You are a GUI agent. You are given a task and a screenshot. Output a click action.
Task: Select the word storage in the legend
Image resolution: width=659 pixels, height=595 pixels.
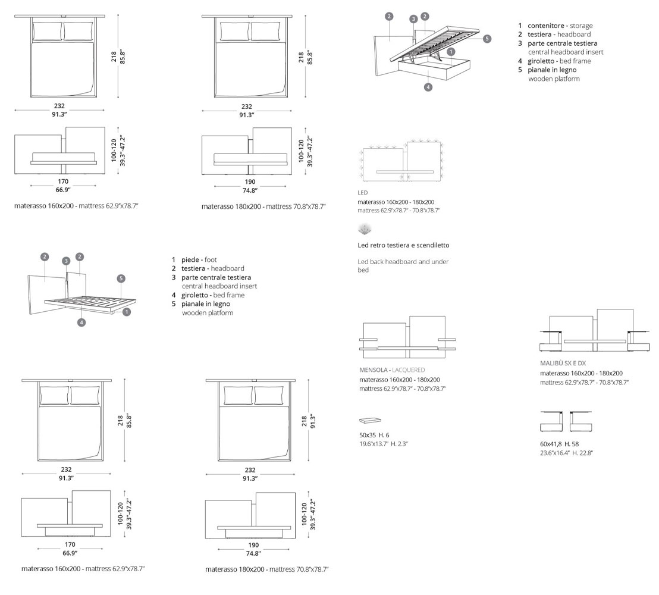coord(580,26)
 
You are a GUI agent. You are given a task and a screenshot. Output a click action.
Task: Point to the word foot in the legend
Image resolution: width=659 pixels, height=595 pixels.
coord(211,259)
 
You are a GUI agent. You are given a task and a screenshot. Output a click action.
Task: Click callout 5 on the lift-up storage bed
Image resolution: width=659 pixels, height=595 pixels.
coord(487,39)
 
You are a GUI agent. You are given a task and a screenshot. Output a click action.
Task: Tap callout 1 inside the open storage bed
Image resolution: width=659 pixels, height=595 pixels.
coord(451,52)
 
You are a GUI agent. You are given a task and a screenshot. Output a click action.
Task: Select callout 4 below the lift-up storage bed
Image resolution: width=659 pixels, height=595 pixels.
coord(428,87)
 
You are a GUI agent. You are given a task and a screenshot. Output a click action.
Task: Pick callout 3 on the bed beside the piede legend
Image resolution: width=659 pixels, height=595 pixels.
coord(66,260)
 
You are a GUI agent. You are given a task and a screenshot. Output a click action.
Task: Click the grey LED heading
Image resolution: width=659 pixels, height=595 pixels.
coord(363,193)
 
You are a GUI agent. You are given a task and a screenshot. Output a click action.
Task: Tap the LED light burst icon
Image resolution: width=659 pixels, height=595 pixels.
coord(365,229)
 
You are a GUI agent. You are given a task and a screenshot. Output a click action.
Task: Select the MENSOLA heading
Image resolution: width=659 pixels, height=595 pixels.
coord(374,370)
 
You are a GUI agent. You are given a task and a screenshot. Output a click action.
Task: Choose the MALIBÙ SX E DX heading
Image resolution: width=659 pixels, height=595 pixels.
coord(563,363)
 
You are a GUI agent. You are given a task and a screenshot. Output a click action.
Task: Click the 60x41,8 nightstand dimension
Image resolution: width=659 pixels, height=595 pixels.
coord(551,444)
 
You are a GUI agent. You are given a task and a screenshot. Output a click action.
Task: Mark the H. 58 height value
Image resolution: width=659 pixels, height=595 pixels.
coord(572,444)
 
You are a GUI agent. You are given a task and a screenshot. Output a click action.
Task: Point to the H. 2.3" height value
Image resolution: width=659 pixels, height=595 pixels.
coord(399,444)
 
